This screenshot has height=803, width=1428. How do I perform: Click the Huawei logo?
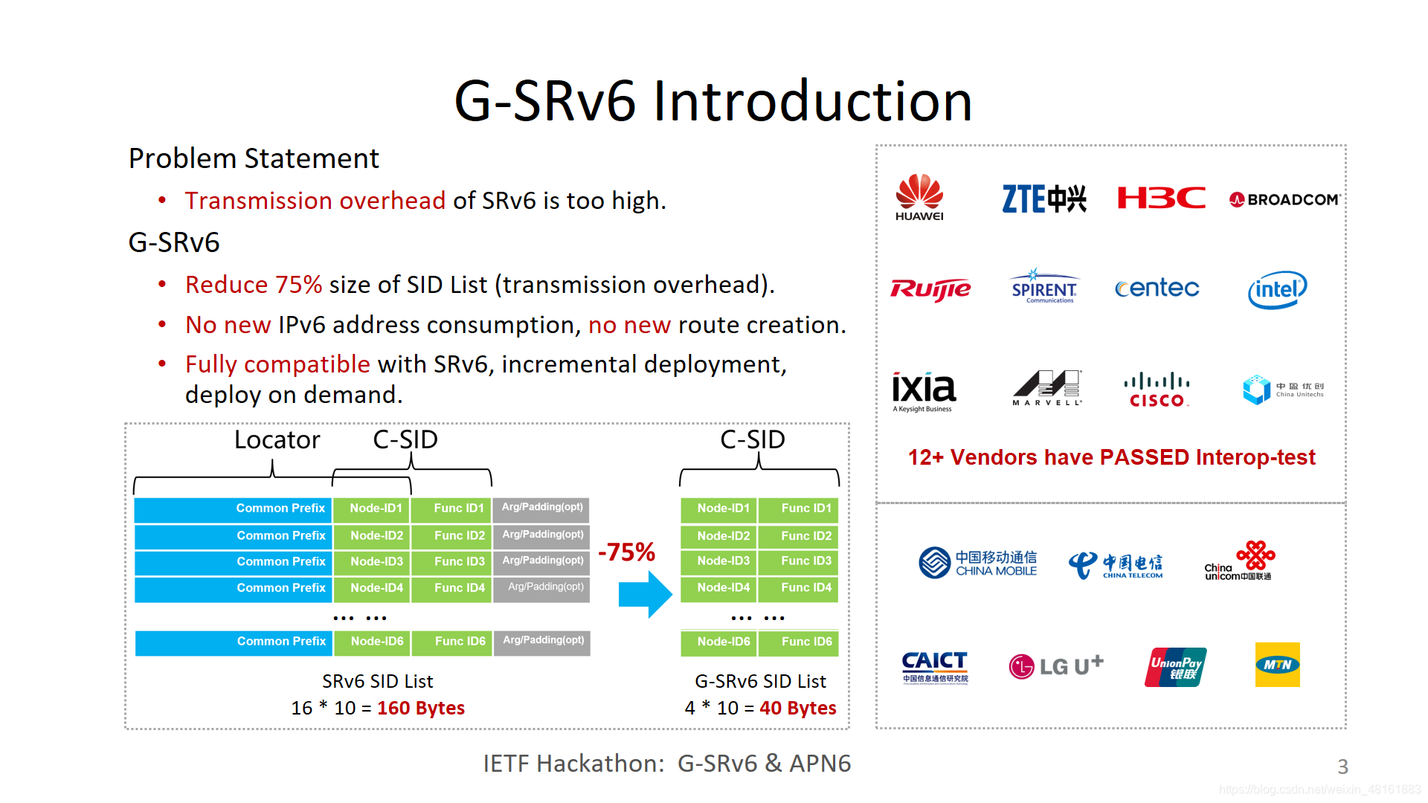point(919,197)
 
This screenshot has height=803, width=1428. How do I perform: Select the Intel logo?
point(1277,289)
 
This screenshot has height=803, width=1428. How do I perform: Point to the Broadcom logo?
point(1285,199)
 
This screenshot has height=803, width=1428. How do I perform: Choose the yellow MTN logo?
point(1277,665)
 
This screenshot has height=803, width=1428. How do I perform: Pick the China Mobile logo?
point(977,563)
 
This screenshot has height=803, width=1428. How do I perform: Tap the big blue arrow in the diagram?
point(645,594)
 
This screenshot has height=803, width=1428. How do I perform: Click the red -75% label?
point(626,552)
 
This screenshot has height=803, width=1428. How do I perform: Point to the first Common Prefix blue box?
point(233,509)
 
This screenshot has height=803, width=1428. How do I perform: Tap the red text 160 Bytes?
point(421,708)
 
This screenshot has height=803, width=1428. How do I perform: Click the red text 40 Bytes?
point(797,708)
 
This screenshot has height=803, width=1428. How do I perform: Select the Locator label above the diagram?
point(277,440)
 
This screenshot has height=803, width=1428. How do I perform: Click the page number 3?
point(1342,767)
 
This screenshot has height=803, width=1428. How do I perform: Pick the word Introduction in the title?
point(812,101)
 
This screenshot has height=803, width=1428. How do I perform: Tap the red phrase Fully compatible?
point(277,364)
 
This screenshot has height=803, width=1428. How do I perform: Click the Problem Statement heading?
point(254,158)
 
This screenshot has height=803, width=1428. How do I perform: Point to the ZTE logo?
point(1044,199)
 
